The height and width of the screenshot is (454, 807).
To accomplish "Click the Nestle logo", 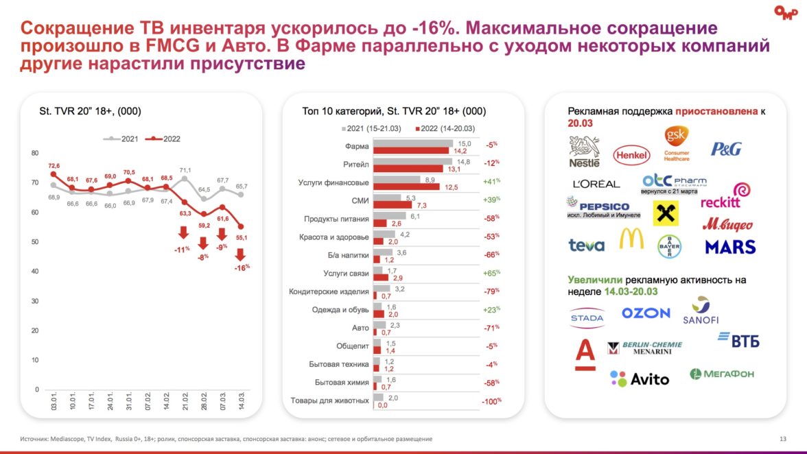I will pyautogui.click(x=584, y=152).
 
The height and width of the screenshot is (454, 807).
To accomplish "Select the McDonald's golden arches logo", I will pyautogui.click(x=631, y=238).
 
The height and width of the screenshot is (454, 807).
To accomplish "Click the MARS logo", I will pyautogui.click(x=730, y=246).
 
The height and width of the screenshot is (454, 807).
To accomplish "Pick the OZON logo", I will pyautogui.click(x=646, y=313).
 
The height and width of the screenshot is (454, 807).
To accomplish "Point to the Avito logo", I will pyautogui.click(x=640, y=379).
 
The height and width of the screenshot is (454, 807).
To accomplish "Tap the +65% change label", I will pyautogui.click(x=490, y=272).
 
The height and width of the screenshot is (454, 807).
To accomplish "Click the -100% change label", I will pyautogui.click(x=491, y=401).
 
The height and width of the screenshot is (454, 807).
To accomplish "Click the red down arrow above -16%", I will pyautogui.click(x=240, y=255).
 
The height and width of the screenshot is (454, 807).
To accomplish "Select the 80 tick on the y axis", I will pyautogui.click(x=35, y=153).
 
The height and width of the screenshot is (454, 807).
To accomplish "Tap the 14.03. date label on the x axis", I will pyautogui.click(x=241, y=403).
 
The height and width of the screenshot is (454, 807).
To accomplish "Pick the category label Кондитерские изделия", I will pyautogui.click(x=329, y=291).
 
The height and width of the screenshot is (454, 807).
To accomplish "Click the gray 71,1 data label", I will pyautogui.click(x=185, y=169).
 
